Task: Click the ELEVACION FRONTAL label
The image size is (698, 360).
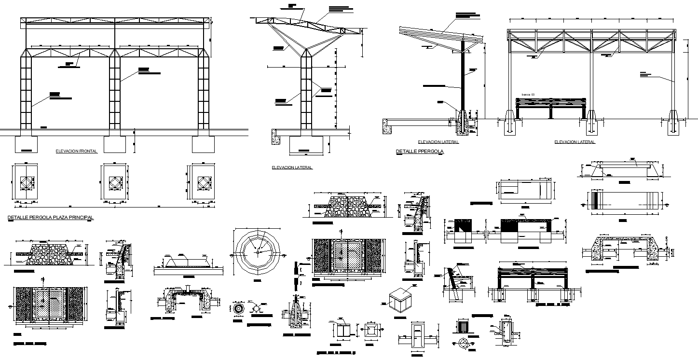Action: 77,151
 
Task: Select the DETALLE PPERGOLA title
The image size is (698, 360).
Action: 420,152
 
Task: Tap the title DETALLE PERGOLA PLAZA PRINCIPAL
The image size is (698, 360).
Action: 51,218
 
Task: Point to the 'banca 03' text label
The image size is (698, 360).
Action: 528,95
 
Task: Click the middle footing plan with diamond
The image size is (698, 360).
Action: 114,183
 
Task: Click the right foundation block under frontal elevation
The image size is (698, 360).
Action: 203,144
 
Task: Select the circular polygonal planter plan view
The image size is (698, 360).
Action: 258,251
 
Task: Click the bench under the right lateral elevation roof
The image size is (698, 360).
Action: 550,107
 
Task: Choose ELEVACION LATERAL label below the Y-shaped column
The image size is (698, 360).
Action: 292,168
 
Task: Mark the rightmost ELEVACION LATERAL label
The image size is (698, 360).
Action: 575,142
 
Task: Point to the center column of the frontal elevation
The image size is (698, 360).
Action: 115,92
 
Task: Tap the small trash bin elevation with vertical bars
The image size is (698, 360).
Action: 463,326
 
